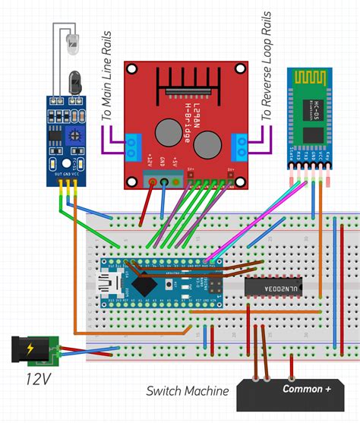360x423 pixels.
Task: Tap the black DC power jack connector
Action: point(24,350)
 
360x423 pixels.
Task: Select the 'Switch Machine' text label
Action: point(188,391)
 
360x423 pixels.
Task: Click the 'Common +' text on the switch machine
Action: point(307,389)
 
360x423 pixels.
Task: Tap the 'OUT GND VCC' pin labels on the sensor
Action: point(67,171)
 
